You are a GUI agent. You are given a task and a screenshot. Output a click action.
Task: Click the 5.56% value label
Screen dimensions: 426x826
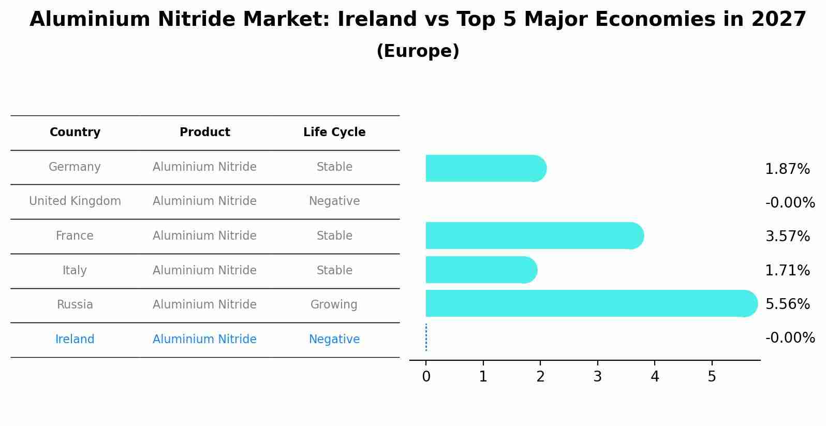787,304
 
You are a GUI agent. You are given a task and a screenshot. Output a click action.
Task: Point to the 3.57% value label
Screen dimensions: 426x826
787,237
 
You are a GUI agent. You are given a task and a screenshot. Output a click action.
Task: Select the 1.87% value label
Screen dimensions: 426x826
787,169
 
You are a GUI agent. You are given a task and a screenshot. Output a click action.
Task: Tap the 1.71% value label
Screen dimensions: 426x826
787,270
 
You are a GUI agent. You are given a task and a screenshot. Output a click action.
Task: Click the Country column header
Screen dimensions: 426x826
75,133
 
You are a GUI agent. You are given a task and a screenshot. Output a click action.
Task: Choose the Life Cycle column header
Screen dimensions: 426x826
334,133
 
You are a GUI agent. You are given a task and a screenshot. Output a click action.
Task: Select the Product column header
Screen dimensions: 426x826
204,133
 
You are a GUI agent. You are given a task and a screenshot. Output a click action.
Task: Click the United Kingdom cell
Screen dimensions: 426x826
75,201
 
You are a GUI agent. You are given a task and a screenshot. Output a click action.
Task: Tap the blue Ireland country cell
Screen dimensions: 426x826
75,339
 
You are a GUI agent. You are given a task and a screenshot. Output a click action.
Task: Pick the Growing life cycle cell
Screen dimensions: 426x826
334,304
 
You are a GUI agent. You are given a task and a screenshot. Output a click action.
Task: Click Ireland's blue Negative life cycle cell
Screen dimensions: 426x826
334,339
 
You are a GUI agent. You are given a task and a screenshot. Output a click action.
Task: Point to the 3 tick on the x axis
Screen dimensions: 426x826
597,376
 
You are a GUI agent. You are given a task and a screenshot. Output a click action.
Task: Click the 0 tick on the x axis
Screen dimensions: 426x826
426,376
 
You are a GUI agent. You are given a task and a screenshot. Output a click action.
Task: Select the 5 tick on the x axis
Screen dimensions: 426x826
712,376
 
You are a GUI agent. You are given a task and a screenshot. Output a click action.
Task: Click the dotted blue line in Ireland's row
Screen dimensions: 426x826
426,337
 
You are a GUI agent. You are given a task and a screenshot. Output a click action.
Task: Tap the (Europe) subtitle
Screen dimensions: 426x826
418,51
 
